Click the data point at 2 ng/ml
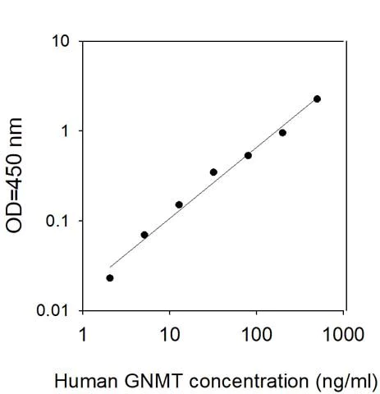(110, 277)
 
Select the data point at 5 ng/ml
(144, 235)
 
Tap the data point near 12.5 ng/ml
(179, 204)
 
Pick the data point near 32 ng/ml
(213, 172)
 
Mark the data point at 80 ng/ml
(248, 155)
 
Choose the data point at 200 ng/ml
(282, 132)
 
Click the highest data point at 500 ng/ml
(317, 98)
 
